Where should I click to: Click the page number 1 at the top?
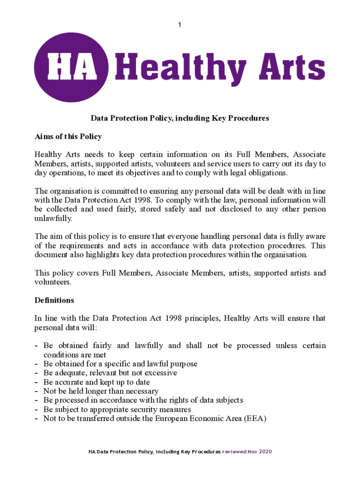pos(180,24)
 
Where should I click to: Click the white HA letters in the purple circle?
pos(71,67)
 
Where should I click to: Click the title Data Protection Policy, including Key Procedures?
pos(180,118)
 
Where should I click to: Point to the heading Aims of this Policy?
pos(68,137)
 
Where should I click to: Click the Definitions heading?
pos(54,300)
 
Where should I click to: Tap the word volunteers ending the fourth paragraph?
pos(53,282)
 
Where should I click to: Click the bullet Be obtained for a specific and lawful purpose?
pos(120,364)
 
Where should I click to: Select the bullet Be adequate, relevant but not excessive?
pos(110,373)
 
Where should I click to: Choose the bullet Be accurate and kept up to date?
pos(96,382)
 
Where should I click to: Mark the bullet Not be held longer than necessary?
pos(101,391)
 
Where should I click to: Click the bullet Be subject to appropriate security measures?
pos(117,409)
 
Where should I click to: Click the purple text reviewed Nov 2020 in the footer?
pos(247,452)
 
